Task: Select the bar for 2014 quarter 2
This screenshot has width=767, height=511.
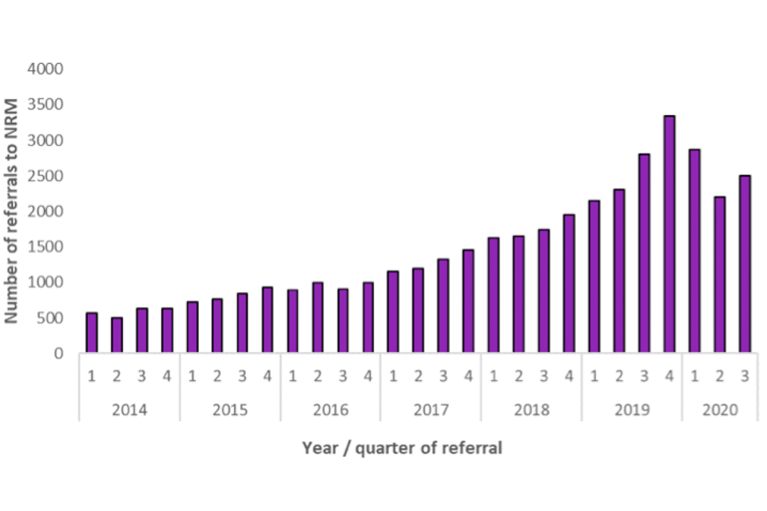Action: (x=117, y=335)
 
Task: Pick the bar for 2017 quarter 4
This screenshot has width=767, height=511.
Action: (x=468, y=302)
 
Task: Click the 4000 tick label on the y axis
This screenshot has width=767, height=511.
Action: (x=46, y=69)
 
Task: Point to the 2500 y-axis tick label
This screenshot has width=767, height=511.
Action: (x=46, y=176)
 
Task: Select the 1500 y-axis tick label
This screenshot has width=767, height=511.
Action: (x=46, y=248)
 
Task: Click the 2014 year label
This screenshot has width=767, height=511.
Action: (x=129, y=410)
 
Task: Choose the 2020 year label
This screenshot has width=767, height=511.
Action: (x=719, y=410)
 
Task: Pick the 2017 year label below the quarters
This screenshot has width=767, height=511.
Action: (x=431, y=410)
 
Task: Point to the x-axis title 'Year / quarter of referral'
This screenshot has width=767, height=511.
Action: (x=402, y=448)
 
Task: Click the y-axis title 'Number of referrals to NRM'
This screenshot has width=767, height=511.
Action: (x=12, y=212)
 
